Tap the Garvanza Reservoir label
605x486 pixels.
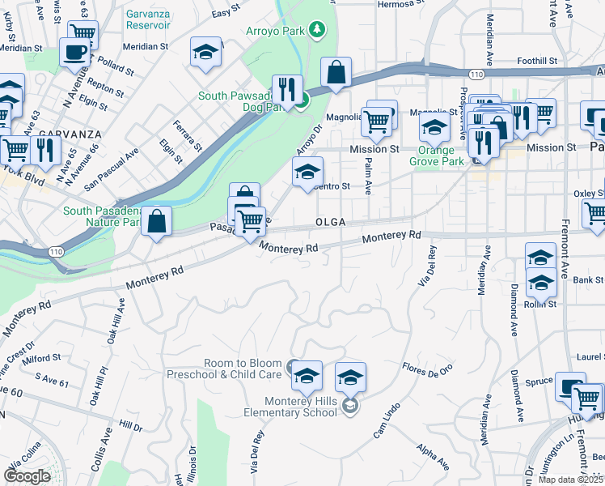click(x=148, y=19)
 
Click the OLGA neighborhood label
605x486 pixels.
click(x=331, y=223)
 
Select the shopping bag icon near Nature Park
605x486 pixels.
click(x=157, y=221)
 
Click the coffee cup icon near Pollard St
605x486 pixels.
click(x=75, y=53)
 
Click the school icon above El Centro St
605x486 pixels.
click(x=307, y=172)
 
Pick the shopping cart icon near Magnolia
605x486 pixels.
click(x=377, y=122)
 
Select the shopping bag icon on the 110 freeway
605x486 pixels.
click(x=336, y=73)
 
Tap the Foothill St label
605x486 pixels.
click(x=538, y=61)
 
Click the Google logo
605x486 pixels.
click(x=27, y=476)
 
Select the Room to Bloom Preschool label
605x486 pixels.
click(x=224, y=369)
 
